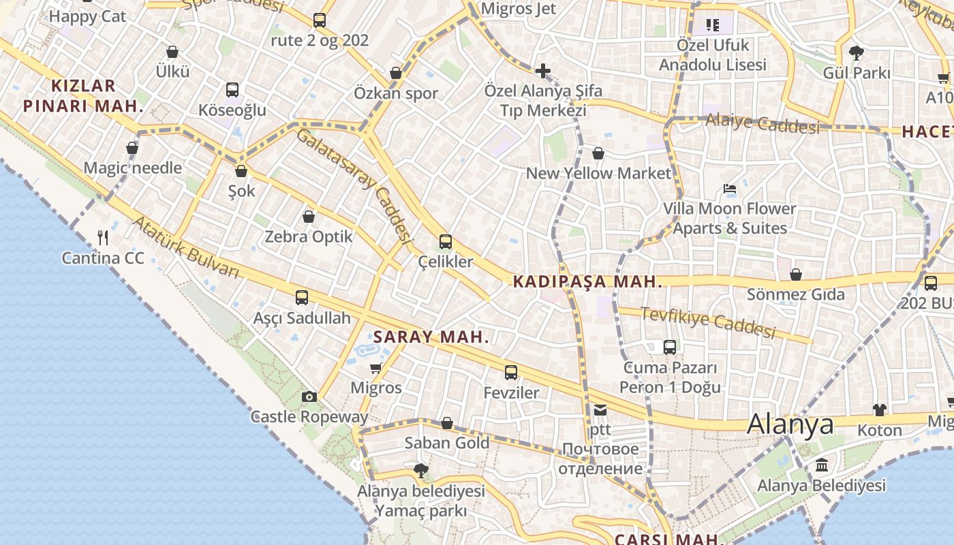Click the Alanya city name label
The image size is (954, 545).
point(790,424)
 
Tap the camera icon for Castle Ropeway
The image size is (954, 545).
point(309,396)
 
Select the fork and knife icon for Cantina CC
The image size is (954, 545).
point(103,237)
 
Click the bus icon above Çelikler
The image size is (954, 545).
point(445,241)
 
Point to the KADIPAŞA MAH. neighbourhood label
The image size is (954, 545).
point(587,281)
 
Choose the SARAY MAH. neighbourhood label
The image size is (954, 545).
point(431,337)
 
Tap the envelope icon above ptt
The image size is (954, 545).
point(600,409)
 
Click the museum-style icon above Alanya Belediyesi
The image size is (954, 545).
point(822,465)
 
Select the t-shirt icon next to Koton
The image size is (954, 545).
point(880,409)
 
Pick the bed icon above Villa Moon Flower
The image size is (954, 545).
point(730,188)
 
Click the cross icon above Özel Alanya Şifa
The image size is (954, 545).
point(542,70)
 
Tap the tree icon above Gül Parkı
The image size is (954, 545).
point(857,52)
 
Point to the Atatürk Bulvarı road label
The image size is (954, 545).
point(185,247)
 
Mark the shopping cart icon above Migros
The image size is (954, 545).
point(375,369)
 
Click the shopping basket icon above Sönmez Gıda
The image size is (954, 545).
point(795,275)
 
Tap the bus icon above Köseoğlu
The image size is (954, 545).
point(232,89)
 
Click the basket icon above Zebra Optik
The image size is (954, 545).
point(309,217)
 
